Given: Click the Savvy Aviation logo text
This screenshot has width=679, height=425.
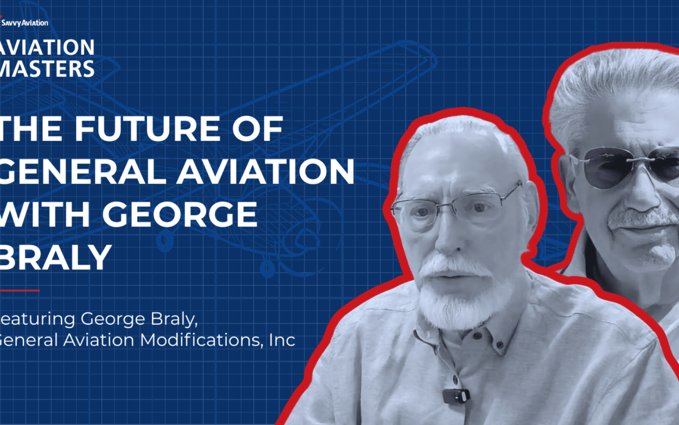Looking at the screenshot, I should [x=26, y=23].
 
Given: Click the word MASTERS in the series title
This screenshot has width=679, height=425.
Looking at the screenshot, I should [x=48, y=67].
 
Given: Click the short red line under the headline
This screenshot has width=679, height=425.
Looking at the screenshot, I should [x=19, y=290].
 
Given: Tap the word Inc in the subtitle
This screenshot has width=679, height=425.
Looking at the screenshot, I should [x=281, y=341].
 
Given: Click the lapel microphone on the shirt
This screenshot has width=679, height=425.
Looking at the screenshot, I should [x=456, y=395].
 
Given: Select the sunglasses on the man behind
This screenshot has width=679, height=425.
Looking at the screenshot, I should [x=622, y=166].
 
